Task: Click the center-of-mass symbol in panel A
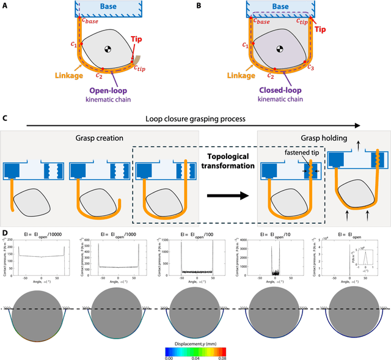pos(108,50)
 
